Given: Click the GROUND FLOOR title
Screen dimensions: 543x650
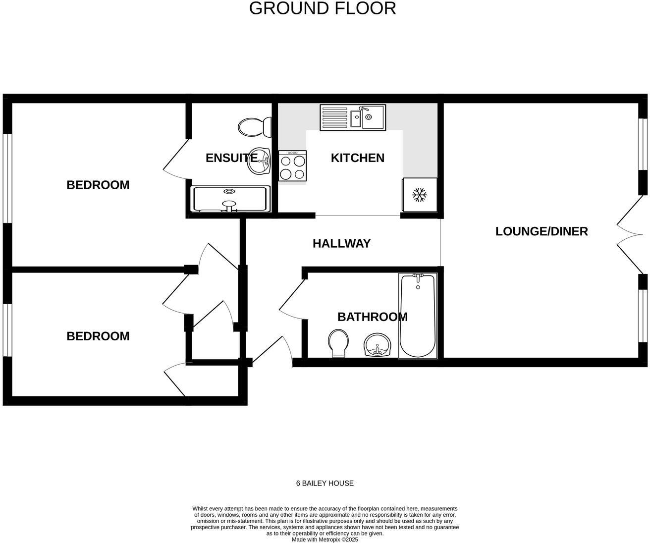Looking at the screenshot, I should (x=323, y=8).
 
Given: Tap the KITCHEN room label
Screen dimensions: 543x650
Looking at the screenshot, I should (x=357, y=158).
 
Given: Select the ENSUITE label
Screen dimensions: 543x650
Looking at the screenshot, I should (x=231, y=158).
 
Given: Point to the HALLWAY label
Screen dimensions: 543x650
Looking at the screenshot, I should (x=341, y=243).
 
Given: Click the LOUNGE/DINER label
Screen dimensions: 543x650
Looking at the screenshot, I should (x=542, y=231).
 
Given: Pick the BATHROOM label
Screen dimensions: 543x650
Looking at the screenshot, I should (x=372, y=317).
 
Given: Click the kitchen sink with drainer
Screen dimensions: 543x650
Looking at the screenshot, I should (x=353, y=117).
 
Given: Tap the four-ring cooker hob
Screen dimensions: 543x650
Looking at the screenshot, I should (x=292, y=166).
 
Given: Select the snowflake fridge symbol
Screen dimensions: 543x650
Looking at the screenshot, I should (x=420, y=195).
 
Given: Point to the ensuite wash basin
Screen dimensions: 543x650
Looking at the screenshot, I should (x=259, y=161).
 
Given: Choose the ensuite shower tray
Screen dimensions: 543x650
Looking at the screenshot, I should (x=231, y=199).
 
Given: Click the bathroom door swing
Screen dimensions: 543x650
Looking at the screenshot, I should (x=292, y=300).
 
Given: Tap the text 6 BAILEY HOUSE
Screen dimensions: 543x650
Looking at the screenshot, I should (x=325, y=483).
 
